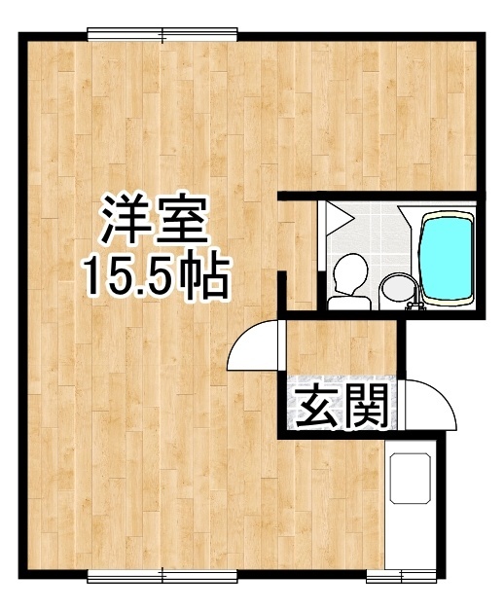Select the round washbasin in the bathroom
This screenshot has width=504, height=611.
click(x=394, y=288)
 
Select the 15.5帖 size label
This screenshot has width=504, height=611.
click(x=156, y=276)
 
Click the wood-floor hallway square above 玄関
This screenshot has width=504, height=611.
click(x=340, y=345)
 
